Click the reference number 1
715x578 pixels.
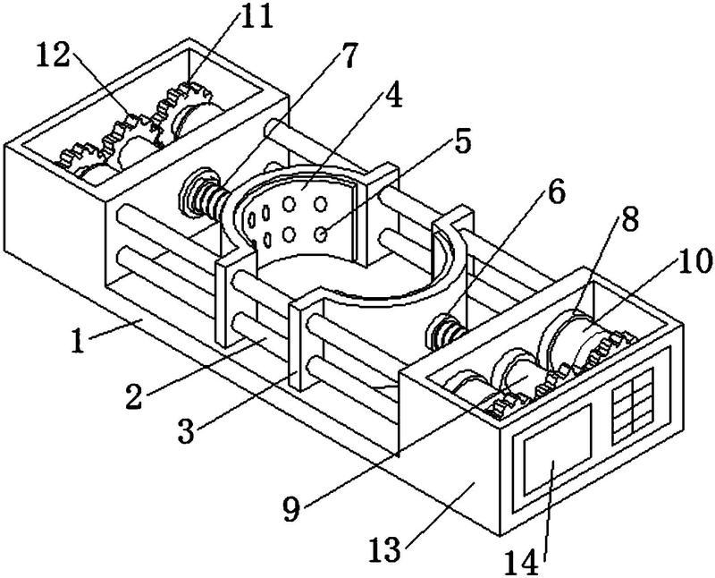(x=79, y=341)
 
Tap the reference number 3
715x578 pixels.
(x=186, y=430)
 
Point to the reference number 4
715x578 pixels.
(x=393, y=95)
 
